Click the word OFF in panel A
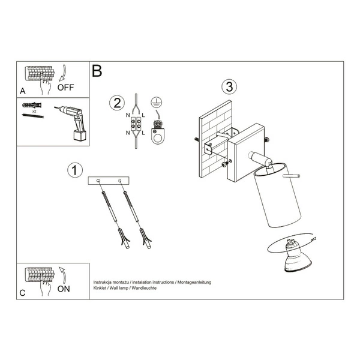(65, 88)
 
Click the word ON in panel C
(64, 289)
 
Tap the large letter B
(97, 71)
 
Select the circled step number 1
(74, 170)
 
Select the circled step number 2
(117, 103)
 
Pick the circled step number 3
(229, 87)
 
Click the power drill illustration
(73, 123)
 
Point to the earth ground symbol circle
(157, 102)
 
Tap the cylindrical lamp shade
(277, 196)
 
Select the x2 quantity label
(34, 112)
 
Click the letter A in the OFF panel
(23, 91)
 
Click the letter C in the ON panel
(22, 293)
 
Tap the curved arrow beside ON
(62, 275)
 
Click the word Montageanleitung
(194, 283)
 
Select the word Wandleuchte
(144, 288)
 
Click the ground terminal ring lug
(158, 133)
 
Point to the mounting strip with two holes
(109, 181)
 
